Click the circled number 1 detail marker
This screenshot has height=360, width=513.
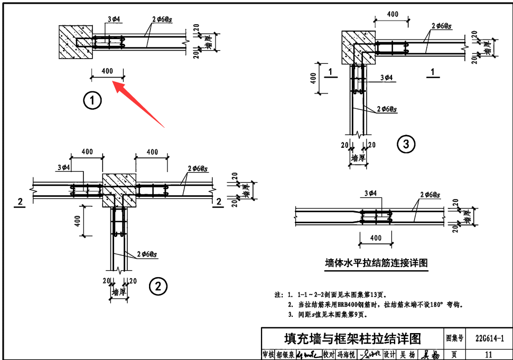(x=93, y=100)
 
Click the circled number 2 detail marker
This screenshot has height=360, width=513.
(x=158, y=286)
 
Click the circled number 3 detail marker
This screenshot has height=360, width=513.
(x=406, y=144)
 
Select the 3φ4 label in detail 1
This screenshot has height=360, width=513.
(x=114, y=20)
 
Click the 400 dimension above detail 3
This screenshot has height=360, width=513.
(x=392, y=15)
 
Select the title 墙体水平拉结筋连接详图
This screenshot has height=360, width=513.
(x=376, y=263)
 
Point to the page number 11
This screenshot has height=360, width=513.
(x=488, y=355)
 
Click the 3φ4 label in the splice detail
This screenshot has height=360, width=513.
(x=370, y=194)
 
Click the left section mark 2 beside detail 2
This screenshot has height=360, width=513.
(x=20, y=202)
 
